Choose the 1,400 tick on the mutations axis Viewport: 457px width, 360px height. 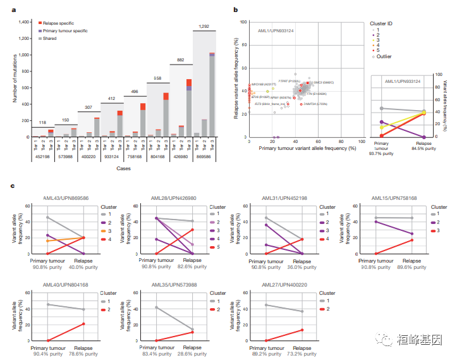pos(23,22)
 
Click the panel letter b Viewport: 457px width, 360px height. pos(235,9)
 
